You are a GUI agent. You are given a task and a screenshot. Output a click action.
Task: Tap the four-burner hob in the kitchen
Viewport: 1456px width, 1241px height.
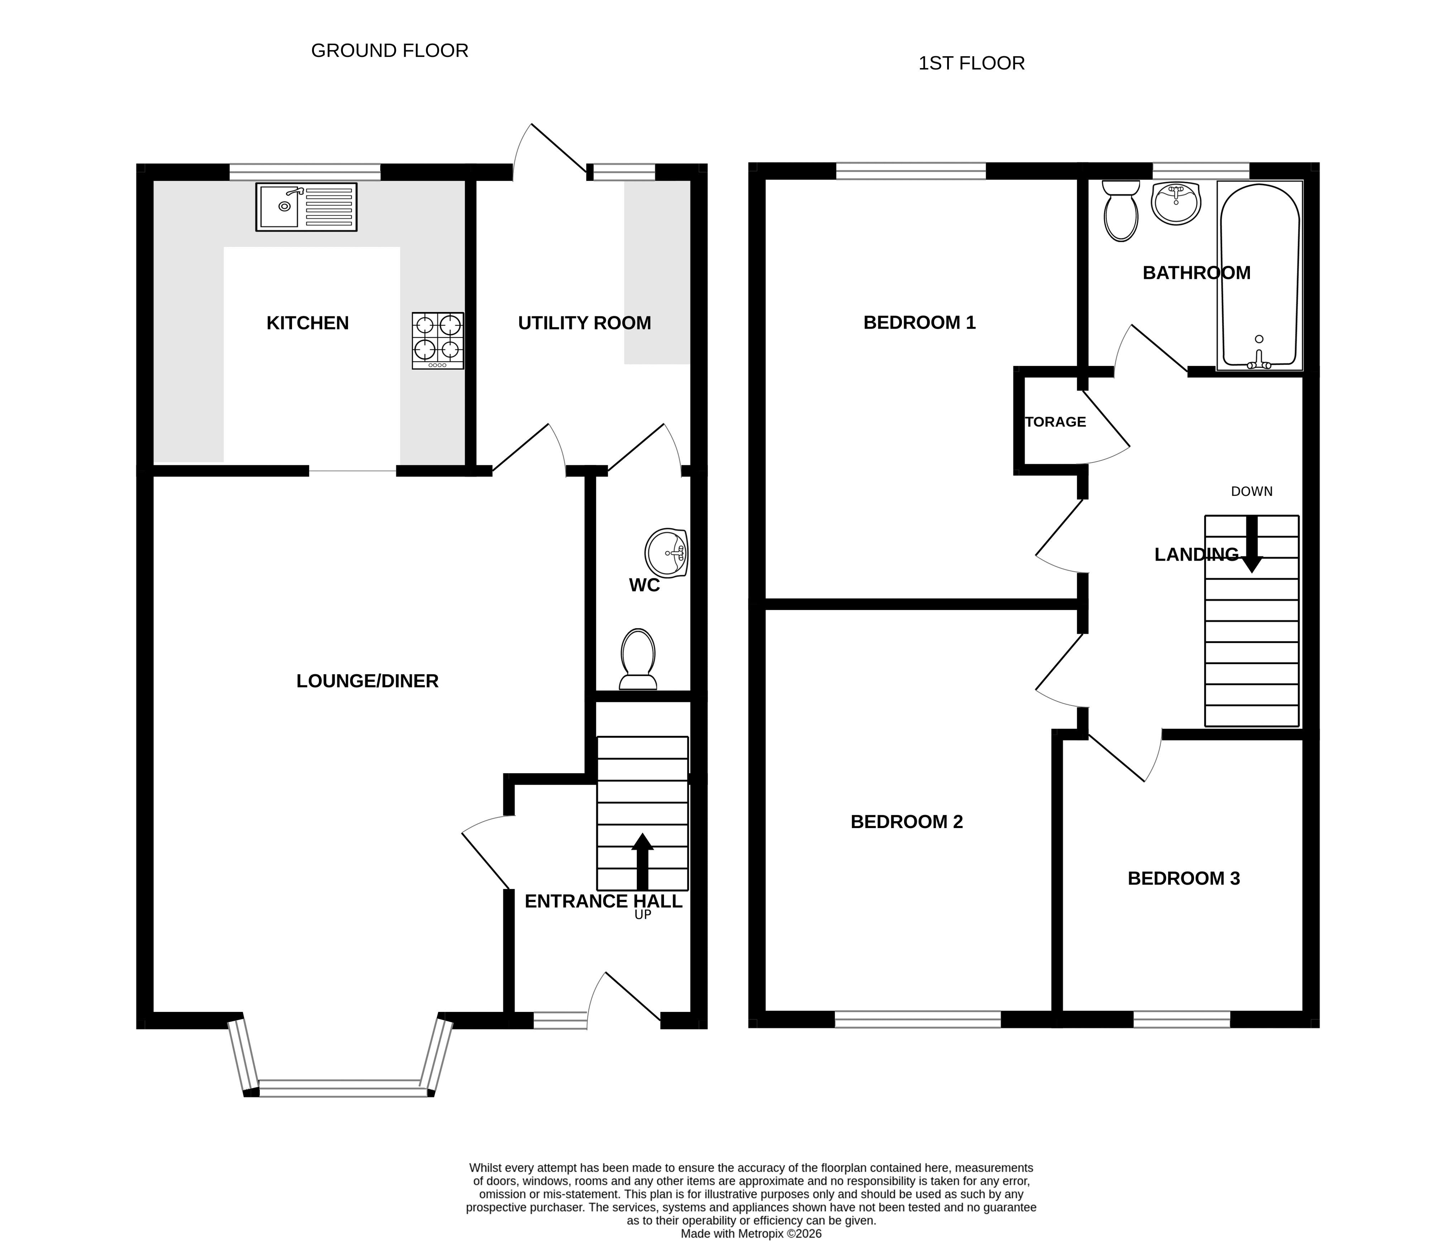coord(438,341)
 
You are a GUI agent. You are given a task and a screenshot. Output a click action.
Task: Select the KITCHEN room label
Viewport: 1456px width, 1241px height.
coord(308,323)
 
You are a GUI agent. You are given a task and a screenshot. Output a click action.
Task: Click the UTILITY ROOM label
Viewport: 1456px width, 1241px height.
coord(584,323)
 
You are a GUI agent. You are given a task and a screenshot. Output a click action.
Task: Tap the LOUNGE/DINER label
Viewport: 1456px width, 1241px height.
coord(368,681)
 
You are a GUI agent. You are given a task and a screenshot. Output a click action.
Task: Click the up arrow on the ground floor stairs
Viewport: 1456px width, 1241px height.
coord(642,861)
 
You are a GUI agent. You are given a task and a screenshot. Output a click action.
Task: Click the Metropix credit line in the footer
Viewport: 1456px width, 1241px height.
coord(751,1233)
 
